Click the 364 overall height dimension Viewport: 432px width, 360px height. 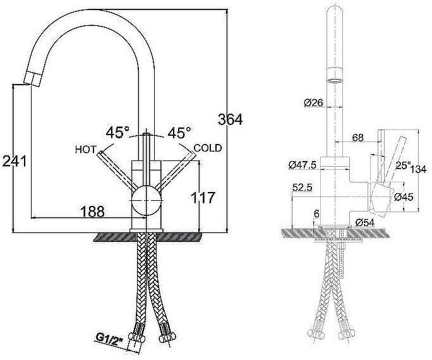(x=230, y=119)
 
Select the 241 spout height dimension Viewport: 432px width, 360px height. (x=14, y=161)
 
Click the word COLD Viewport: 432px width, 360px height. (x=208, y=148)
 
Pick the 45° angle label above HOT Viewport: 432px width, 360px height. (x=117, y=133)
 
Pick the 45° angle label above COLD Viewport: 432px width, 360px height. (x=179, y=133)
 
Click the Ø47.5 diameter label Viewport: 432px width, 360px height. (x=302, y=165)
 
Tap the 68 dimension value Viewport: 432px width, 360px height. (x=357, y=136)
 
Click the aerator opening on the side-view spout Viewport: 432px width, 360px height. (x=334, y=80)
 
